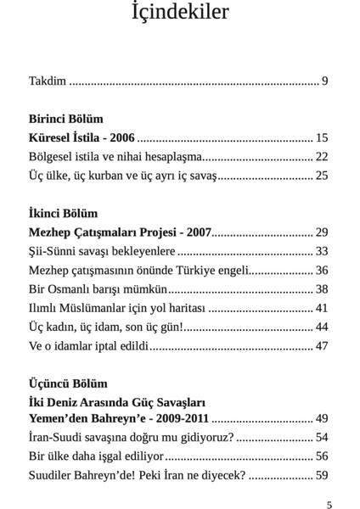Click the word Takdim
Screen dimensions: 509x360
tap(48, 81)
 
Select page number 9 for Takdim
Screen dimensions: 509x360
tap(324, 81)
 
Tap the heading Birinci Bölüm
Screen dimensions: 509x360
tap(64, 119)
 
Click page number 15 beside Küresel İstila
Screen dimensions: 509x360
tap(321, 137)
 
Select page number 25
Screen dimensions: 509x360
tap(321, 176)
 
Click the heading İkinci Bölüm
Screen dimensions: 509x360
tap(63, 213)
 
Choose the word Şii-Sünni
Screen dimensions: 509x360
tap(54, 251)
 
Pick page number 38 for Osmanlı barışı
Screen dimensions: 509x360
tap(321, 289)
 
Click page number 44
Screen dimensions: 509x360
tap(321, 327)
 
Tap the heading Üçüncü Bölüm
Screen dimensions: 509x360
tap(68, 383)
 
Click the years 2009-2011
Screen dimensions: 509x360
tap(179, 419)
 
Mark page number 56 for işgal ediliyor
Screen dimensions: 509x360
tap(321, 456)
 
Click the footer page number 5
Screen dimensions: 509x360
tap(329, 504)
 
